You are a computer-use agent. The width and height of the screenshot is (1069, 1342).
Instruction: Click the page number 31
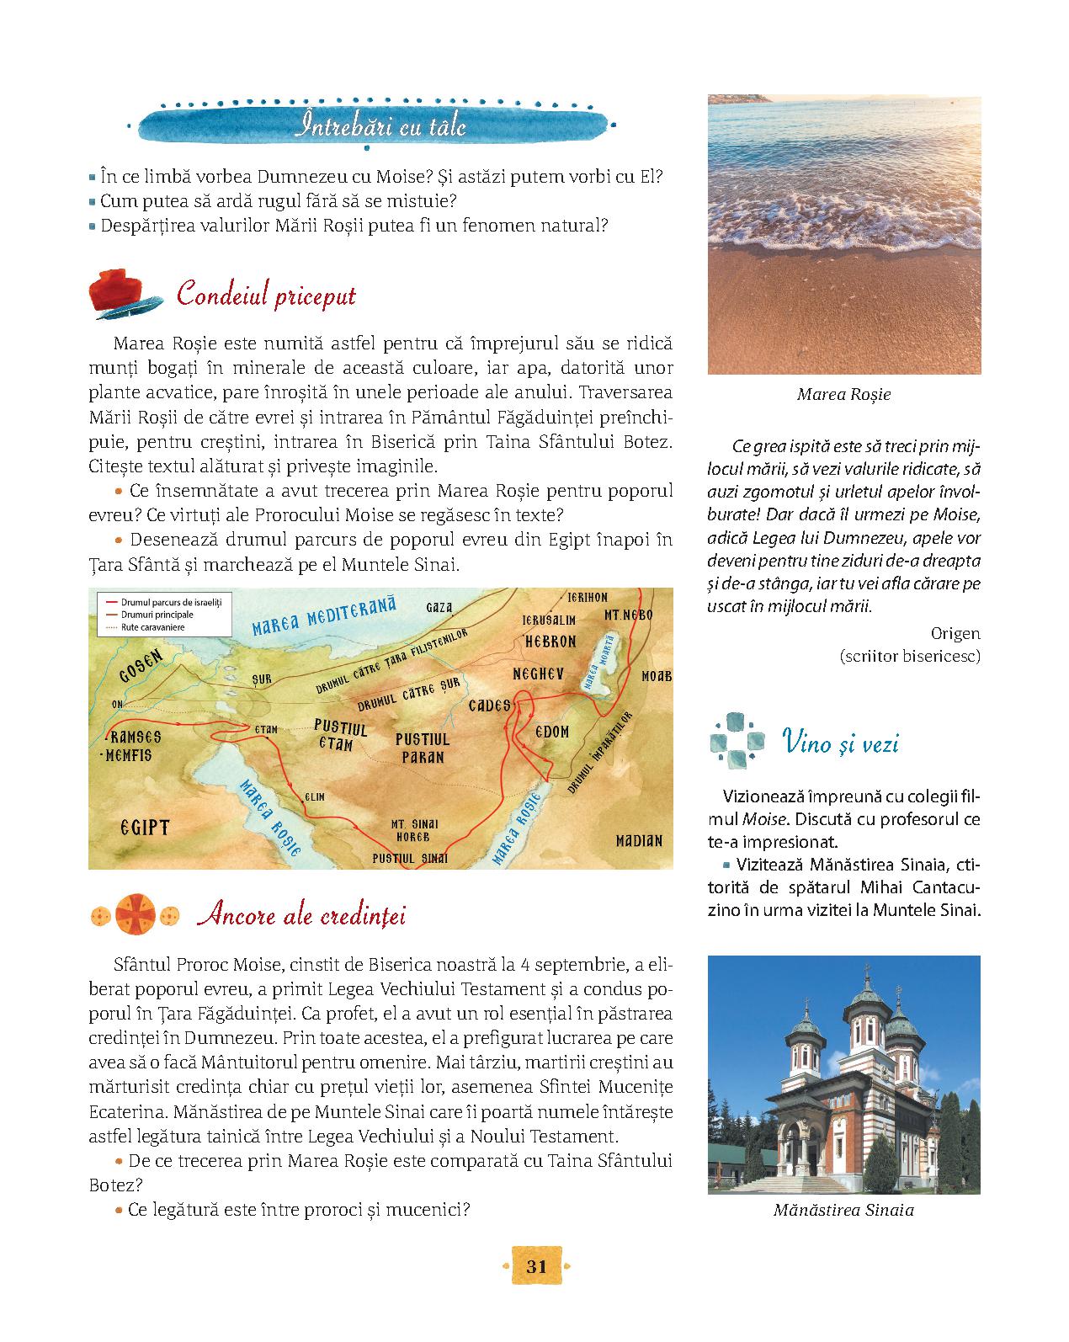click(536, 1266)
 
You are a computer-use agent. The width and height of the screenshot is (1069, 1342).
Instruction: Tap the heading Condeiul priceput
click(266, 296)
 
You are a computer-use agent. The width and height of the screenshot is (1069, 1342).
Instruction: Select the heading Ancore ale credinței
click(300, 915)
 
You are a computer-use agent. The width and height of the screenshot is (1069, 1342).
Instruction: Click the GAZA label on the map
click(439, 606)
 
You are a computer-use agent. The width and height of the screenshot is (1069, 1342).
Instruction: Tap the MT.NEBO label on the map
click(628, 615)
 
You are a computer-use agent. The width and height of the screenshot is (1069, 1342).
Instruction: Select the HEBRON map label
click(550, 642)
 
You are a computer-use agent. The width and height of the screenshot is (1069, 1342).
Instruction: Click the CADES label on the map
click(489, 705)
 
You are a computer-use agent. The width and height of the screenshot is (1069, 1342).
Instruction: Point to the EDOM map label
click(552, 732)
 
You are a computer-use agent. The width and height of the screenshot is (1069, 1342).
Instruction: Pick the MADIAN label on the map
click(639, 840)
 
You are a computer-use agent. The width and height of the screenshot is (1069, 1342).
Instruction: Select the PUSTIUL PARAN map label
click(423, 748)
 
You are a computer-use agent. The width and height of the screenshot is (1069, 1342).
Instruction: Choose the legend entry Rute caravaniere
click(152, 626)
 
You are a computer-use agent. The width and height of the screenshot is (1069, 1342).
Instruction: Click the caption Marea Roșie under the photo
click(843, 394)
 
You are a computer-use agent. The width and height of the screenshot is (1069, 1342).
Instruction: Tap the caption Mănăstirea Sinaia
click(843, 1211)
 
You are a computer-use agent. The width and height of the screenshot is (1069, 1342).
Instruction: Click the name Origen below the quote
click(955, 632)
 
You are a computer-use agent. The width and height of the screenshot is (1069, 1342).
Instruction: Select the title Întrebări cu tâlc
click(381, 127)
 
